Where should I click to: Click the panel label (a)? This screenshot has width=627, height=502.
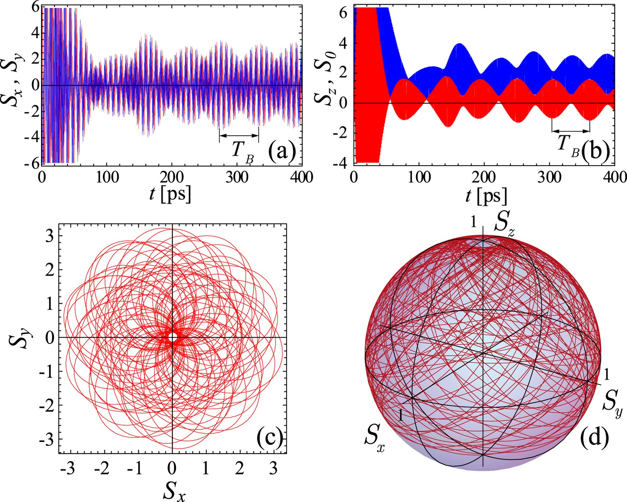click(x=282, y=152)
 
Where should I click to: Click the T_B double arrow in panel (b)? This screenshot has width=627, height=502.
click(x=570, y=131)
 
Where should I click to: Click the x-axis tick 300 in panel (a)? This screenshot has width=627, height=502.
click(x=237, y=177)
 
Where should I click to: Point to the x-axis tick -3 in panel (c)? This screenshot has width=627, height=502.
click(x=67, y=469)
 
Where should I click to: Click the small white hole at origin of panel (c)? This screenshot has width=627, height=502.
click(x=172, y=337)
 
